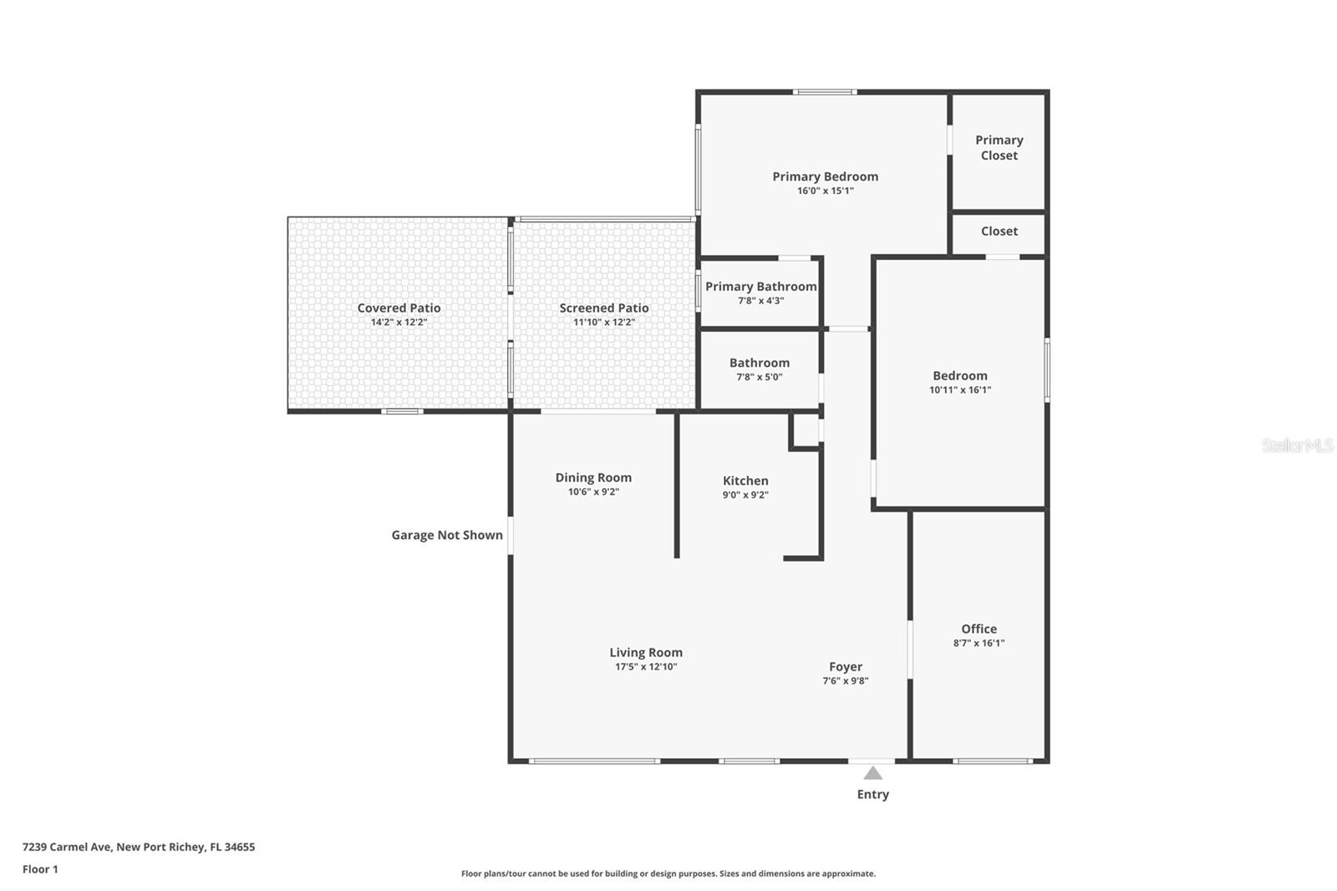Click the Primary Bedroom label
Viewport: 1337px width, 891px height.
(825, 176)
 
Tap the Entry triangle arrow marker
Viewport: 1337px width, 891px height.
(872, 773)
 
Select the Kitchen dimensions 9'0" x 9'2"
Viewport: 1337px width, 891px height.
(745, 495)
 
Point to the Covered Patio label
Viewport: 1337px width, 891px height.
(399, 308)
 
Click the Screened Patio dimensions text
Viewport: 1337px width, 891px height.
(604, 322)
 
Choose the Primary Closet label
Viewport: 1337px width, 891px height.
(999, 147)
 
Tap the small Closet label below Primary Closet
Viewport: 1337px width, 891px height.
(999, 232)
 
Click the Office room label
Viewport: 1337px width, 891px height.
(979, 629)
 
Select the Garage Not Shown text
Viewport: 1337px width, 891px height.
(447, 535)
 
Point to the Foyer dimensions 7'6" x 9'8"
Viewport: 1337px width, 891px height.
(846, 680)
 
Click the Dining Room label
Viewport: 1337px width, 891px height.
(593, 477)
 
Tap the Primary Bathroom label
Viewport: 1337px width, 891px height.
(760, 286)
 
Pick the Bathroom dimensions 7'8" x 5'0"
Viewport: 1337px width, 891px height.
(759, 377)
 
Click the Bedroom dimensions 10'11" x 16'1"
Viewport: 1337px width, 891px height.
(960, 389)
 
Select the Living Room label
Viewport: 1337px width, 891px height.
(646, 652)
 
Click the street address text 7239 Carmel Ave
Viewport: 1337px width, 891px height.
(67, 847)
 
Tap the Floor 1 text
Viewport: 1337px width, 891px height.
(40, 869)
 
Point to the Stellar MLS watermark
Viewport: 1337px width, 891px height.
(1297, 445)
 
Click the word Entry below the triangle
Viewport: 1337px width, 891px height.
(872, 794)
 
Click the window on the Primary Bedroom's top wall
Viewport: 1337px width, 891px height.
(824, 92)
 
